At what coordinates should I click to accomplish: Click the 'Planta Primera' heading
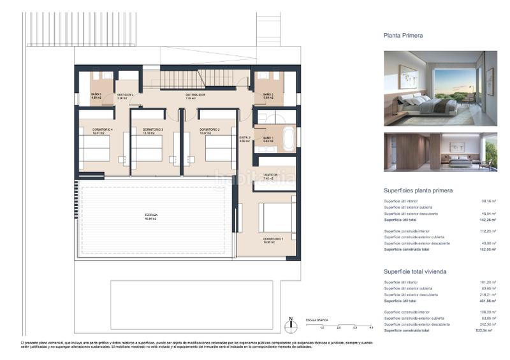pos(403,36)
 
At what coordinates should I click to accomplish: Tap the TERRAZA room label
pos(150,216)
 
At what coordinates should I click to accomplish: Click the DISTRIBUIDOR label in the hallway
pos(195,96)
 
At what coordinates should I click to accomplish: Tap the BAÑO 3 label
pos(96,96)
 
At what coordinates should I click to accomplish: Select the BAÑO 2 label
pos(268,96)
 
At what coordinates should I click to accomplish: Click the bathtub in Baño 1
pos(289,138)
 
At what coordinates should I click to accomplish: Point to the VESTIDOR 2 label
pos(125,96)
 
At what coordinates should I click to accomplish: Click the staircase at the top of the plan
pos(182,79)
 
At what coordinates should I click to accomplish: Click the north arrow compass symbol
pos(291,325)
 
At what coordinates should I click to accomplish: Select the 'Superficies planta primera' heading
pos(418,190)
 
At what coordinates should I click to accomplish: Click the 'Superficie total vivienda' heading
pos(414,271)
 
